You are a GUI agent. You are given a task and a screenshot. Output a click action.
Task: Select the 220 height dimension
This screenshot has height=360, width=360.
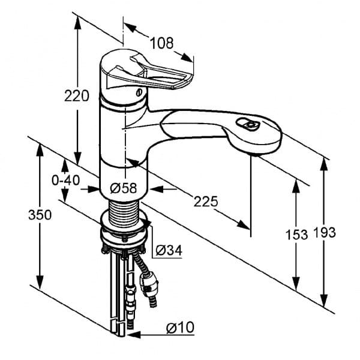click(77, 95)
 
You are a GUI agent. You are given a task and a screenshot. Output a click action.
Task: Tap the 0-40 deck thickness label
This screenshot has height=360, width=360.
click(65, 179)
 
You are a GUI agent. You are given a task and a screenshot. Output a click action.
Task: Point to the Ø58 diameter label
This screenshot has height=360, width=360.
click(124, 188)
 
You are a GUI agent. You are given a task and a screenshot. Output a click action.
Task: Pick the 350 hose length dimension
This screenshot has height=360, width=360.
click(40, 215)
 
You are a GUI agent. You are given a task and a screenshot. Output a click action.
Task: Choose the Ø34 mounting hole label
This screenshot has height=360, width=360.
click(169, 250)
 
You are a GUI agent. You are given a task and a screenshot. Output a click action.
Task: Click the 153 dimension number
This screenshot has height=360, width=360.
click(295, 234)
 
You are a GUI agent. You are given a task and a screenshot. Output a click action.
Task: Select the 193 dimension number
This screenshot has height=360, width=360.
click(324, 233)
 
